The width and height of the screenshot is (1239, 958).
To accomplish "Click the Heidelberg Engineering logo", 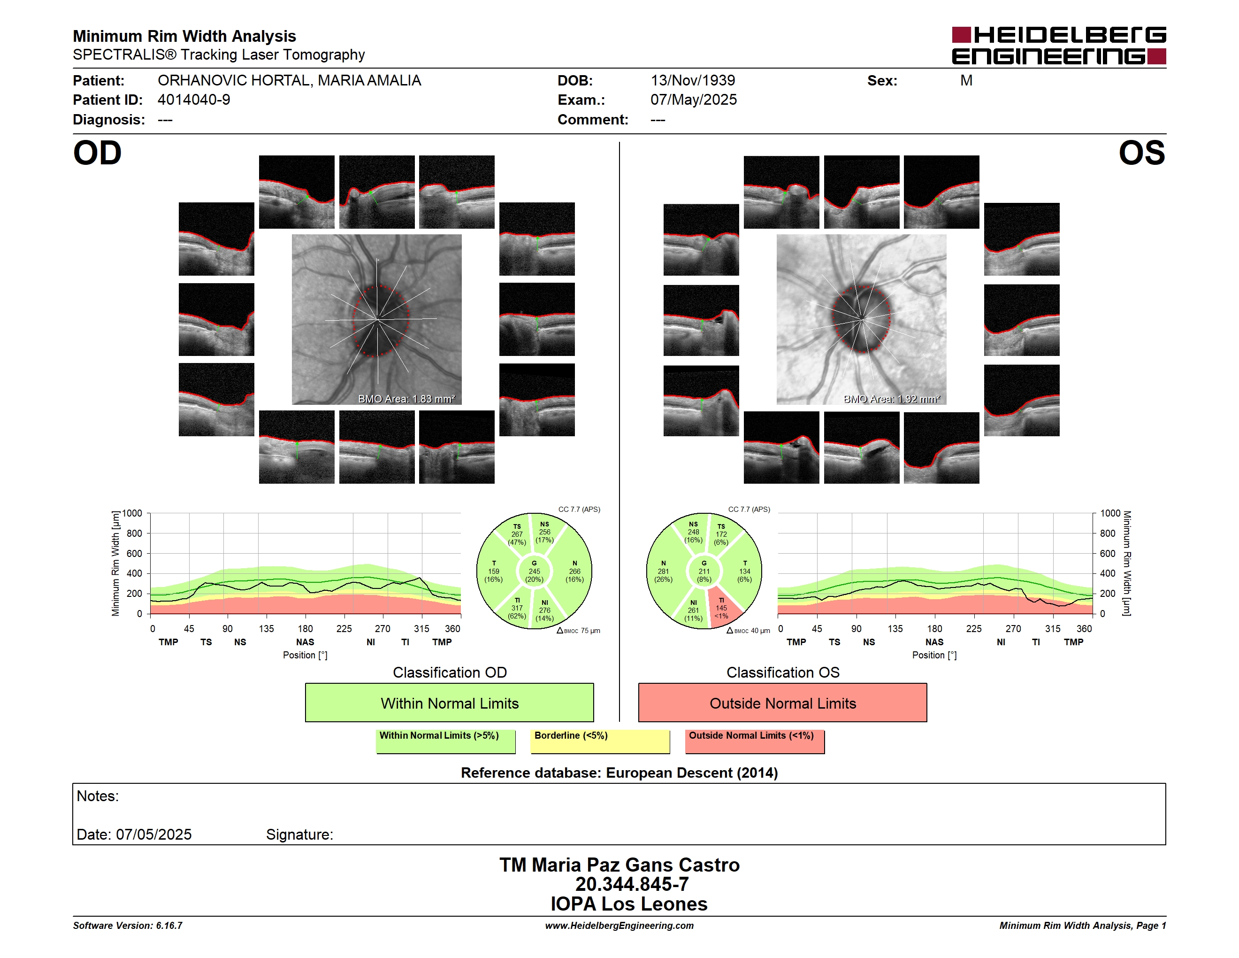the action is [1059, 46].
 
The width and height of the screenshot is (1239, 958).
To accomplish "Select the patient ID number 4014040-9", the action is [194, 100].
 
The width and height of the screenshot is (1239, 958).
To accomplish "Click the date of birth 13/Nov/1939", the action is [693, 81].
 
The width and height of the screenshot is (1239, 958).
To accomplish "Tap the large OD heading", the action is [97, 153].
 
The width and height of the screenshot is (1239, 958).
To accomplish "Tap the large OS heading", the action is [1141, 153].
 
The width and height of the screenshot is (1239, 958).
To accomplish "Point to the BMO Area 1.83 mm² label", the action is [406, 399].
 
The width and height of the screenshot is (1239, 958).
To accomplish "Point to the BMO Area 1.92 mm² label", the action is [892, 399].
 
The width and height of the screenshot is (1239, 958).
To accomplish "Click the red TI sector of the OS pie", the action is [723, 609].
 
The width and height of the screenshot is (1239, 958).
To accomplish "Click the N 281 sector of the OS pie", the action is [664, 572].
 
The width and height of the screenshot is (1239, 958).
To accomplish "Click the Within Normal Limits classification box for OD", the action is [449, 703].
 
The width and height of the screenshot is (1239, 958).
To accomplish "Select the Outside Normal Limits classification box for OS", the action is [782, 703].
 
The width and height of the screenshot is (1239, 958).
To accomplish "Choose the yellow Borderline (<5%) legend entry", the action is [600, 741].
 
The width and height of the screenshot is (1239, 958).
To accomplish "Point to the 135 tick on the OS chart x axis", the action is [895, 628].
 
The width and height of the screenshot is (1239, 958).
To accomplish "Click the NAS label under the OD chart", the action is [305, 642].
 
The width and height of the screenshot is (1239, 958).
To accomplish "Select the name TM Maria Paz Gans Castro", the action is [619, 865].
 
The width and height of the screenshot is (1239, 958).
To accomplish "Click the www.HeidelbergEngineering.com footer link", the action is [619, 926].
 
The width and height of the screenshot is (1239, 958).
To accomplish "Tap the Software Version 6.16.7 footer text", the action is [128, 926].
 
